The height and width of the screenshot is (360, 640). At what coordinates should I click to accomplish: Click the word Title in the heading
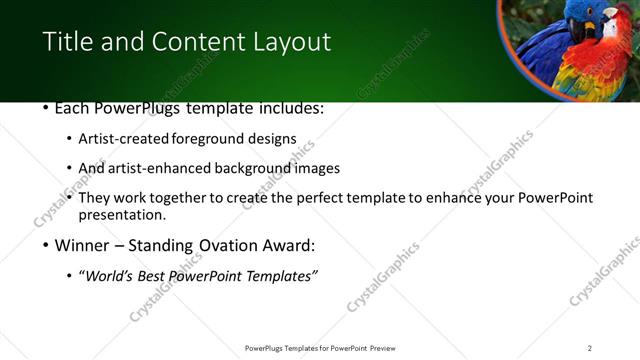pyautogui.click(x=66, y=42)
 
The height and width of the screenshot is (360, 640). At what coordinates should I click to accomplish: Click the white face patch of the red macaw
pyautogui.click(x=612, y=27)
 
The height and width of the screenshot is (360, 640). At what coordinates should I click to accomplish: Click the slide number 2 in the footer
pyautogui.click(x=589, y=348)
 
